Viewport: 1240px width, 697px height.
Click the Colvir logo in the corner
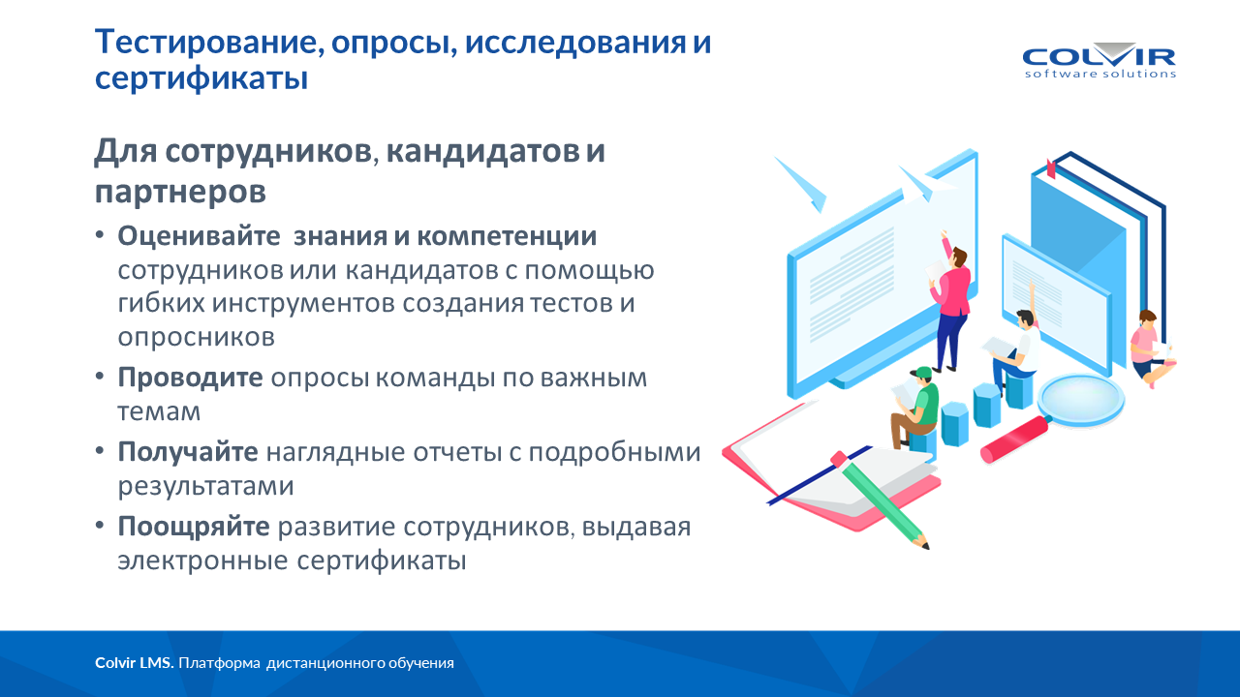click(1100, 61)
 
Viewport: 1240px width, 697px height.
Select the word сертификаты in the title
click(201, 77)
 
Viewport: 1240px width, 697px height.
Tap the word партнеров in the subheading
click(180, 192)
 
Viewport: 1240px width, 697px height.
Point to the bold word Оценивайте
click(199, 236)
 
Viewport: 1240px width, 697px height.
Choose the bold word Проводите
click(190, 378)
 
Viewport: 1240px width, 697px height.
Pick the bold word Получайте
click(188, 451)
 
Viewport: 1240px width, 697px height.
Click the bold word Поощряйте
click(194, 526)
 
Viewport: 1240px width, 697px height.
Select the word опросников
click(196, 337)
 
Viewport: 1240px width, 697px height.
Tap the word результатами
click(205, 486)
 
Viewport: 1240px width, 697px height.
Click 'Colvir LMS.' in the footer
click(135, 663)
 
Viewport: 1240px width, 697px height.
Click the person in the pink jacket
click(951, 301)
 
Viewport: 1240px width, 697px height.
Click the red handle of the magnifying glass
click(1014, 439)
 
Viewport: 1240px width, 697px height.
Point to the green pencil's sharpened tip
click(923, 543)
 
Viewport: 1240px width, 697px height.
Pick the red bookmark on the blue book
click(1051, 168)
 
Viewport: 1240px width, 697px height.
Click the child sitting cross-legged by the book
click(1150, 348)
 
